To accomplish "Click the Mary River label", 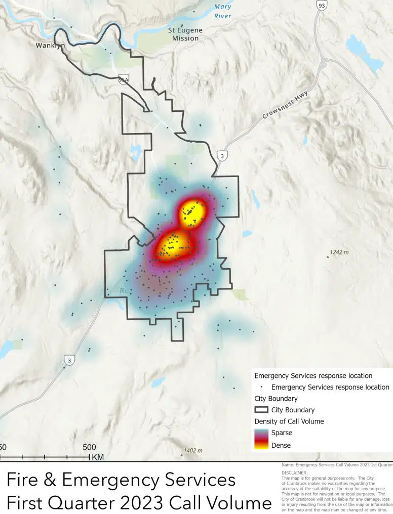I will [x=223, y=11].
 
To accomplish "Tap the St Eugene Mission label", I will [x=185, y=34].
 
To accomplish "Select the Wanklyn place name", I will [x=50, y=46].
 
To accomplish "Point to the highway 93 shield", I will [x=321, y=5].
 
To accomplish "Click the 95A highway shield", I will [x=123, y=79].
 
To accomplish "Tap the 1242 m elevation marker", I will [x=339, y=252].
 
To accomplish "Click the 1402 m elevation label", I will [x=192, y=450].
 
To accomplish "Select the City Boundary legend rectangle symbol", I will [x=261, y=410].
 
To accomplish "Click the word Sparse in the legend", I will [x=282, y=433].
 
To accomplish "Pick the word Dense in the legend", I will [x=281, y=445].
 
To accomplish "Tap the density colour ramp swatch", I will [x=261, y=439].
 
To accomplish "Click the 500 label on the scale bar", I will [x=89, y=447].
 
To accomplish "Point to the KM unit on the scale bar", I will [x=97, y=457].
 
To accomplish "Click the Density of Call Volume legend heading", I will [x=289, y=421].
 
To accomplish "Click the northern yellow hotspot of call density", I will [x=192, y=212].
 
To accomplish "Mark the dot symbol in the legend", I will [x=261, y=388].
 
